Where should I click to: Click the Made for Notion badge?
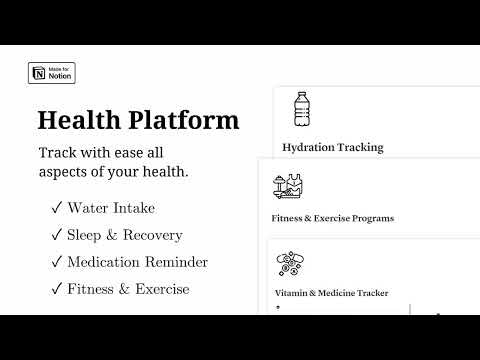click(52, 73)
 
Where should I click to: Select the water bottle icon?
click(302, 109)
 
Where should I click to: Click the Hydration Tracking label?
click(332, 147)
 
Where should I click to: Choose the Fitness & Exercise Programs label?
click(332, 217)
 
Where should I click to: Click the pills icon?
click(290, 264)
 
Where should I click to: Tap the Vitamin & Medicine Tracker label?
click(331, 293)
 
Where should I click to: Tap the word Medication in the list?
click(105, 263)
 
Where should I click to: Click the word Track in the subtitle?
click(58, 152)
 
